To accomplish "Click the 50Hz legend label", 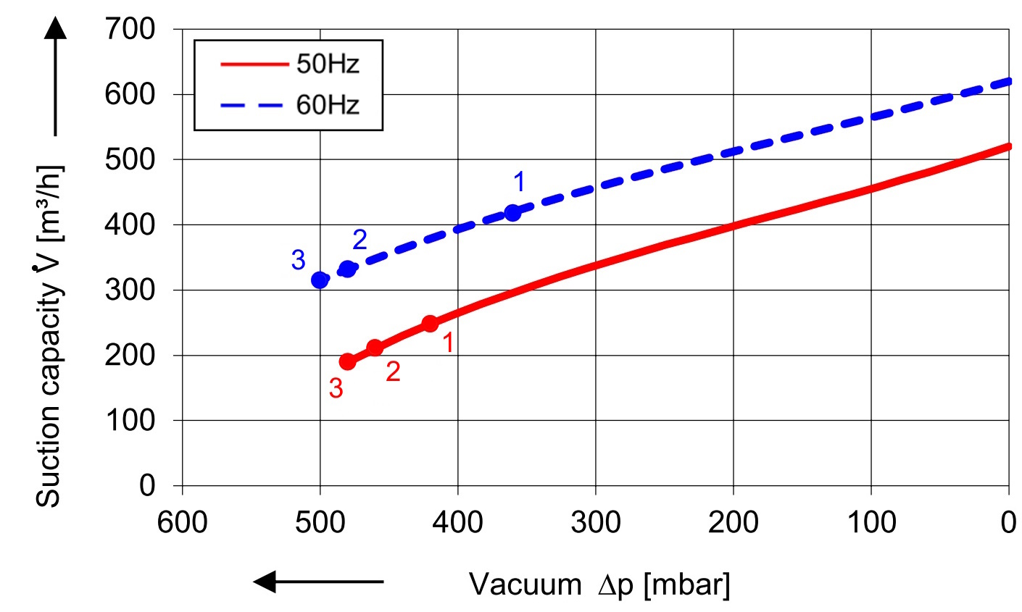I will click(327, 64).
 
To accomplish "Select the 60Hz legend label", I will click(327, 105).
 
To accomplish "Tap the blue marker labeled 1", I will click(512, 213).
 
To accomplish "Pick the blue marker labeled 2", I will click(348, 269).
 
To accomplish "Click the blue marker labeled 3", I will click(320, 280).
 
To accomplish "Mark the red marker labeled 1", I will click(430, 324).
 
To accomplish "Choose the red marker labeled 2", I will click(375, 348).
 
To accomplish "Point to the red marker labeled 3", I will click(347, 361).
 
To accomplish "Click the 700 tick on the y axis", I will click(130, 30).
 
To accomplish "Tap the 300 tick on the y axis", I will click(130, 290).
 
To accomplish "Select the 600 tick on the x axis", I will click(182, 521).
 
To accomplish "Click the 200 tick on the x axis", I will click(733, 521).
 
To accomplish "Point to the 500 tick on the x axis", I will click(320, 521).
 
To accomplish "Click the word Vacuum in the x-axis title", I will click(525, 584).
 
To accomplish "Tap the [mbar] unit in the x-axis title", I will click(686, 584).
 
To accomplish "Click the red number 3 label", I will click(336, 389).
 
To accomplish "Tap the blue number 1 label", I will click(519, 182).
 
